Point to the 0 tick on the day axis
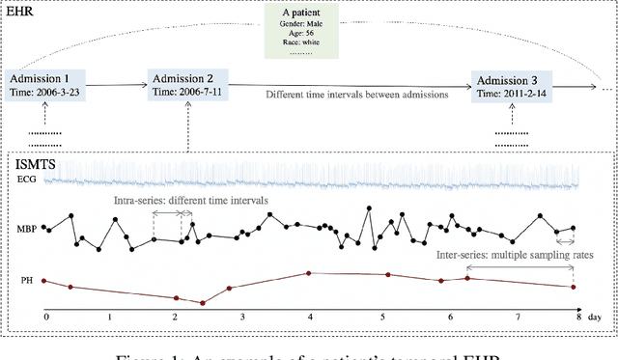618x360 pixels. (45, 317)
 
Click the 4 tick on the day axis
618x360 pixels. (308, 317)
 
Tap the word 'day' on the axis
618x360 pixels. (596, 317)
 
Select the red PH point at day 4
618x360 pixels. (308, 273)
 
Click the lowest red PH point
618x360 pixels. (202, 303)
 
